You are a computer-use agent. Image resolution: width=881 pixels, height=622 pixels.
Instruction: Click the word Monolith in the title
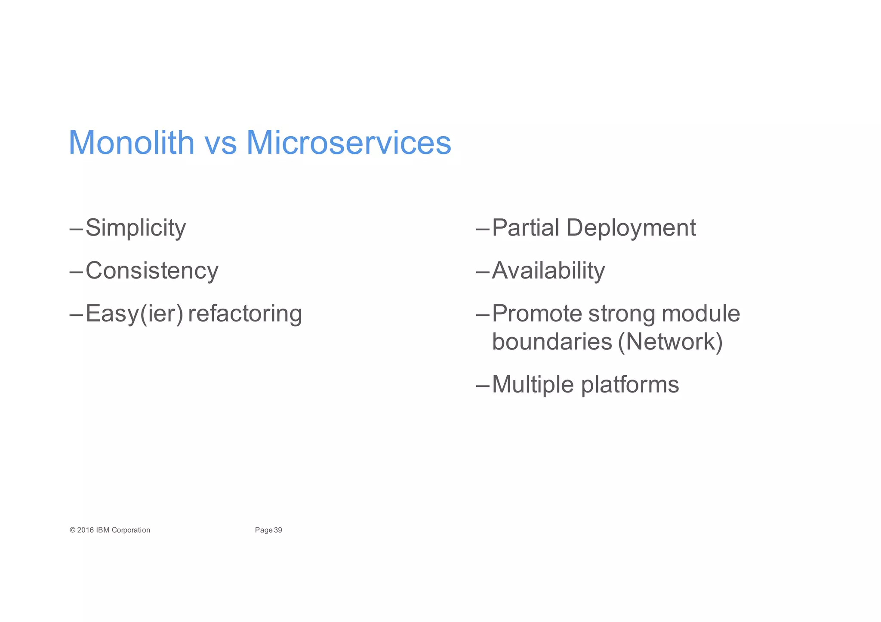coord(131,143)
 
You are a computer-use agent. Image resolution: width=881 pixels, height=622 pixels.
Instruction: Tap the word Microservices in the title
coord(348,143)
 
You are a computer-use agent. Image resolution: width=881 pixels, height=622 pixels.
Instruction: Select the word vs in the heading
coord(220,144)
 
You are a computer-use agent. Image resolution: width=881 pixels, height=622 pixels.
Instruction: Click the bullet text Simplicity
coord(136,228)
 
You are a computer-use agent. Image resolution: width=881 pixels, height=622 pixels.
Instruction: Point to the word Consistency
coord(152,271)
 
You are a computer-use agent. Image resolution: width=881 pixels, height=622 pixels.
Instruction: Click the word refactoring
coord(245,313)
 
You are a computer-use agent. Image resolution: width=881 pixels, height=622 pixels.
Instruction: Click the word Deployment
coord(631,228)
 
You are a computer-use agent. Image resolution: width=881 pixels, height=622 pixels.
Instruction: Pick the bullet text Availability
coord(548,271)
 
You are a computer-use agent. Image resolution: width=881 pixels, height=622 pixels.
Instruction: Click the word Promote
coord(536,313)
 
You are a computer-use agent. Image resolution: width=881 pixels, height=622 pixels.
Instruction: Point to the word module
coord(701,313)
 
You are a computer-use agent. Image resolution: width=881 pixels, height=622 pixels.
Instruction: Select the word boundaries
coord(552,342)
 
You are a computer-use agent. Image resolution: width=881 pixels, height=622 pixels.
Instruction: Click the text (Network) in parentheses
coord(670,342)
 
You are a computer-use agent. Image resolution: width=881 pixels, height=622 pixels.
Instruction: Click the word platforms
coord(630,385)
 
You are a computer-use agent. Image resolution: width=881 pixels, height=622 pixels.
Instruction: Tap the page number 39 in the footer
coord(278,530)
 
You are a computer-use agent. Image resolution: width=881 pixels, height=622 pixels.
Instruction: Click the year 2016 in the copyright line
coord(86,530)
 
